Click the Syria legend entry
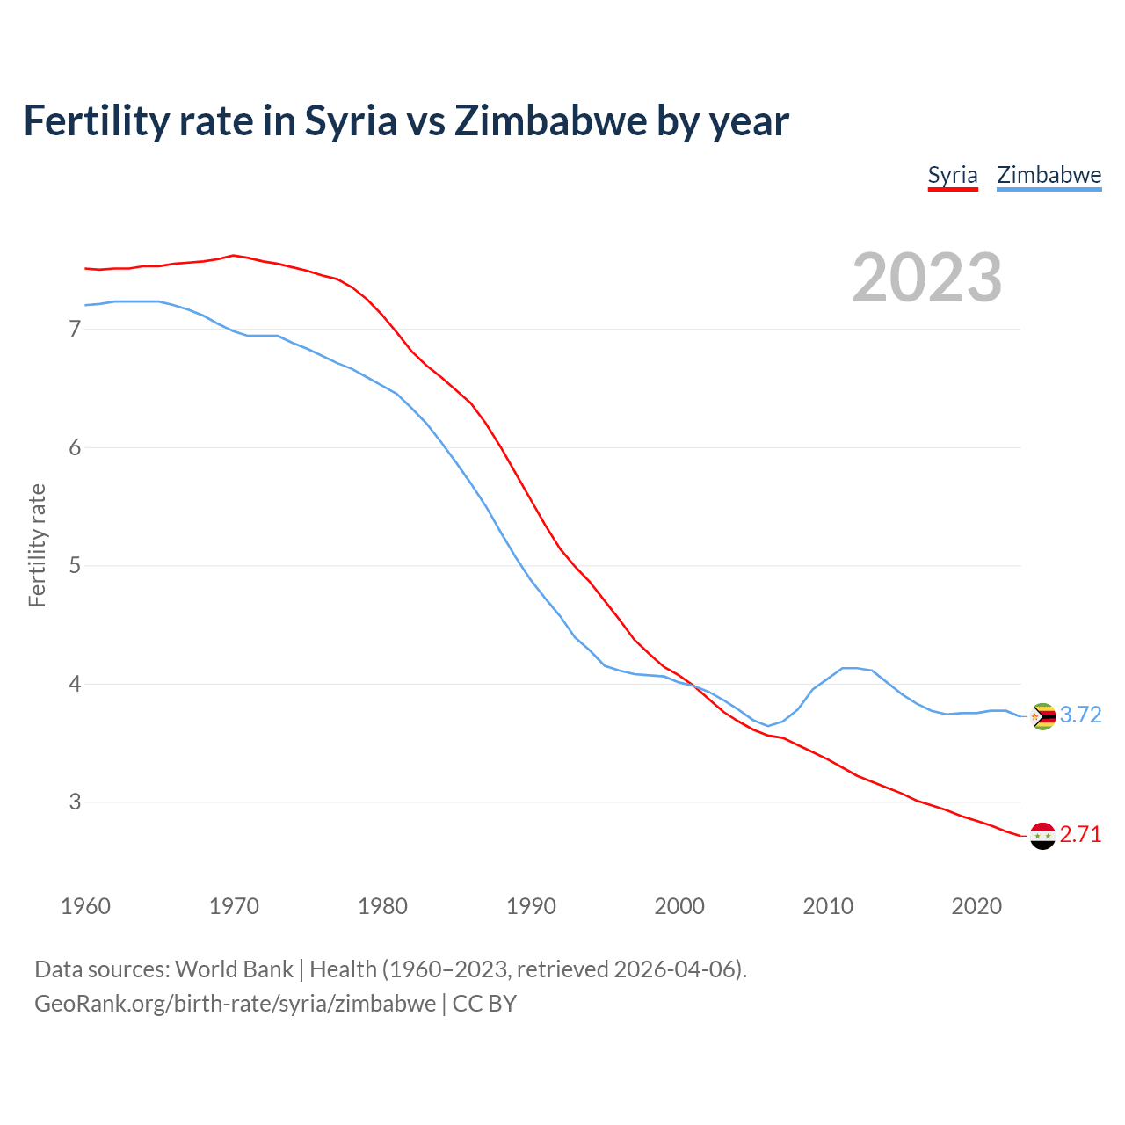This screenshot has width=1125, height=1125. click(953, 175)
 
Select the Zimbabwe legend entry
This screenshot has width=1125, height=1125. click(1049, 175)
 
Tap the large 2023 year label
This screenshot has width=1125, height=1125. click(927, 278)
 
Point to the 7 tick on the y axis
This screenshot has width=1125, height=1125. click(75, 330)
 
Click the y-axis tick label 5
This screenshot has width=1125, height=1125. click(75, 565)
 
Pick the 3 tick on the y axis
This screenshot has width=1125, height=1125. click(75, 802)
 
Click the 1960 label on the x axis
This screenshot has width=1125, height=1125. click(85, 906)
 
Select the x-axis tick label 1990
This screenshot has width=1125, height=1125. click(531, 906)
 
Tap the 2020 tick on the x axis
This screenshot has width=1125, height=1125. click(976, 906)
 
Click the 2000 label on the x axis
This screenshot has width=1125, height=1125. click(679, 906)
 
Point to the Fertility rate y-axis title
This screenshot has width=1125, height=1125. click(37, 545)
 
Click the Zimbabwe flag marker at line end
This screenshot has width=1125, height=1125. click(1042, 716)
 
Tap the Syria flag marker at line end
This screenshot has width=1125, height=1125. click(1042, 836)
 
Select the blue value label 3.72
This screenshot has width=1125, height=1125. click(1080, 715)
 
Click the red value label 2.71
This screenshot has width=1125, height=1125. click(1080, 834)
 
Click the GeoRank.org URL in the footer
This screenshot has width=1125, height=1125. click(235, 1004)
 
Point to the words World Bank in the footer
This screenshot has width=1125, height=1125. click(234, 969)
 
